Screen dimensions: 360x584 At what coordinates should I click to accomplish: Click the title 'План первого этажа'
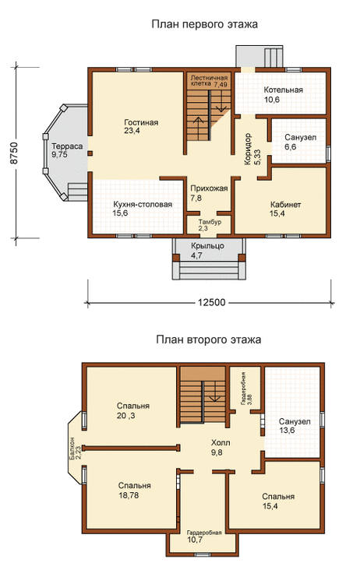[205, 25]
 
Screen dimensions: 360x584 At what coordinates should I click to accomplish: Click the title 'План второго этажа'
[208, 340]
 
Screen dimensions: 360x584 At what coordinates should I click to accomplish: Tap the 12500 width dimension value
[211, 302]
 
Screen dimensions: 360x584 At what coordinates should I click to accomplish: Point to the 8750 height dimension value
[14, 153]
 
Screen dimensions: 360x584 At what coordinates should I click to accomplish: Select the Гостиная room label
[141, 122]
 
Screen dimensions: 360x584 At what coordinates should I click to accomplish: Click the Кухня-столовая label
[143, 204]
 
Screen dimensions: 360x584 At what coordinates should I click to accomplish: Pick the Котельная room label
[283, 90]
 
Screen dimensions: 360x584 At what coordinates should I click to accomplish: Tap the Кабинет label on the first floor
[285, 205]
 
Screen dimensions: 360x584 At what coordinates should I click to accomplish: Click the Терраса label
[67, 146]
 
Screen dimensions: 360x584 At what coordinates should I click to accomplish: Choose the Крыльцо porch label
[207, 246]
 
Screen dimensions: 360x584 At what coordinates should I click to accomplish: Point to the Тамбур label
[210, 222]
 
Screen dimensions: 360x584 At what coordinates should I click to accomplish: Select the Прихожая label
[209, 188]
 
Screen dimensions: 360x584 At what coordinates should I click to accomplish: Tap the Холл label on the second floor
[221, 443]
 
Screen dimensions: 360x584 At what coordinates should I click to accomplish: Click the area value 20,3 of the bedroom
[126, 416]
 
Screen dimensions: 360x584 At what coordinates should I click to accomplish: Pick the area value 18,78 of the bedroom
[129, 495]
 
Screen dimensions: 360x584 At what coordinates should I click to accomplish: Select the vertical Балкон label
[72, 449]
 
